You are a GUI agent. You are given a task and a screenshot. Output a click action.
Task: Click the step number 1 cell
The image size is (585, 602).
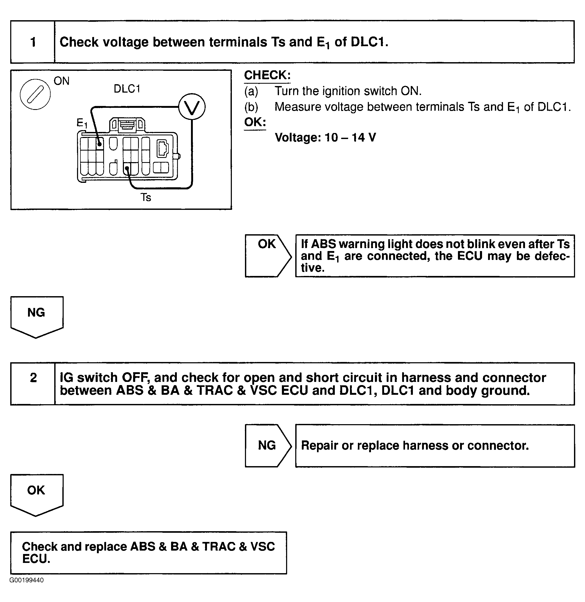click(x=33, y=42)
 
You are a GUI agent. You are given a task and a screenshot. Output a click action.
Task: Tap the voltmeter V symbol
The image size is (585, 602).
click(x=192, y=106)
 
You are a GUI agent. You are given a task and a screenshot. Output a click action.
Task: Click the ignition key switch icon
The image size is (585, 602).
click(x=35, y=94)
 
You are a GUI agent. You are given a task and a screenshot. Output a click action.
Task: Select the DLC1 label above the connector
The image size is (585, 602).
click(x=127, y=89)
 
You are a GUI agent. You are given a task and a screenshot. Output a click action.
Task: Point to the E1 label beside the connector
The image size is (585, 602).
click(x=82, y=123)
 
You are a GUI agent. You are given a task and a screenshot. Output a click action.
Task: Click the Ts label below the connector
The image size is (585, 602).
click(x=146, y=197)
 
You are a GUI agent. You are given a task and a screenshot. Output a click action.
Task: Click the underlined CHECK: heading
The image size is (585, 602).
click(x=267, y=75)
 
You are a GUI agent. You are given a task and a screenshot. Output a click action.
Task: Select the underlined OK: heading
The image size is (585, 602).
click(x=255, y=122)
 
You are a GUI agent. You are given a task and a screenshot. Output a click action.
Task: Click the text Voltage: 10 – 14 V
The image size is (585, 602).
click(x=325, y=137)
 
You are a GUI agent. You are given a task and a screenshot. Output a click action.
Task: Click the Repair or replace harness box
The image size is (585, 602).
click(x=435, y=446)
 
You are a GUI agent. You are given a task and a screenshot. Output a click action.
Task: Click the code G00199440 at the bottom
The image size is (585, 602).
click(x=27, y=580)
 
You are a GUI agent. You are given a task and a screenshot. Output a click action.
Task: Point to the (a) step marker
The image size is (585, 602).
click(x=251, y=91)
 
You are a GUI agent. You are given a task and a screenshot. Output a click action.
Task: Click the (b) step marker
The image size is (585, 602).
click(x=251, y=107)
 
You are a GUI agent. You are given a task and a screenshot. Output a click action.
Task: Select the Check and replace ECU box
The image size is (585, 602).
click(x=148, y=552)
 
